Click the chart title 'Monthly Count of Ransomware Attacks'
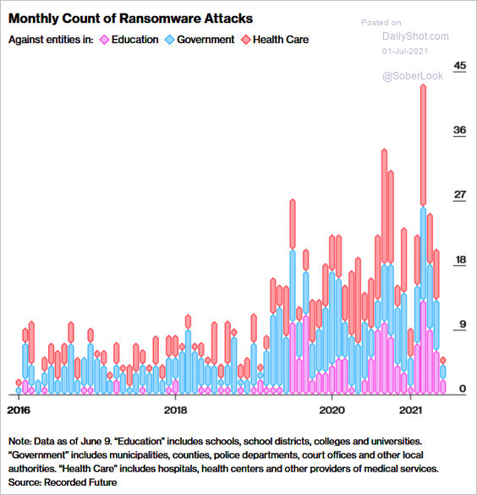click(130, 19)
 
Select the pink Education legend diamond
click(104, 40)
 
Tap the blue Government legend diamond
click(170, 40)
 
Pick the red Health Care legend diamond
click(246, 40)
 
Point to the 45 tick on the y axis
click(459, 65)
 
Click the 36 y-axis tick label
click(459, 130)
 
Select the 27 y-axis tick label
click(459, 194)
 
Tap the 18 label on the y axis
click(459, 259)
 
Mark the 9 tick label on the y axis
click(463, 324)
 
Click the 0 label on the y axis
click(463, 389)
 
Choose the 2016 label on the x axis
click(19, 410)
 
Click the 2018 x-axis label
click(175, 410)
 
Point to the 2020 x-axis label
click(332, 410)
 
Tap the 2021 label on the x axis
click(411, 410)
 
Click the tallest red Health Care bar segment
click(423, 145)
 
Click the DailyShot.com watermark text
click(415, 36)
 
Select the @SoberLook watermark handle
click(413, 76)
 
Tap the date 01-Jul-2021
click(405, 52)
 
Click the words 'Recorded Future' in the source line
click(80, 482)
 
